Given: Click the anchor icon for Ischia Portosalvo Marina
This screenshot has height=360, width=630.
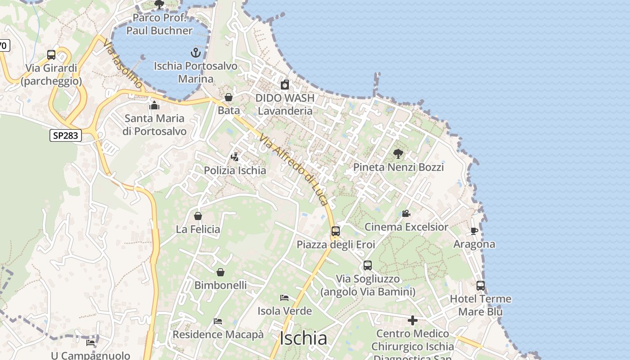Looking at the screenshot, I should [x=195, y=53].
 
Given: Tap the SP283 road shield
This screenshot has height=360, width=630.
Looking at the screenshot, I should [x=66, y=135].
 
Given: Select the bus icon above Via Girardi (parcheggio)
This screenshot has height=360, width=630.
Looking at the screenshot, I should [x=51, y=55].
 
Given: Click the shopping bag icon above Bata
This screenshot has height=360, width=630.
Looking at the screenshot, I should [x=229, y=97].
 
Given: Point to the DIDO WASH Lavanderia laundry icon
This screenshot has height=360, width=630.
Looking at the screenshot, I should [x=285, y=85].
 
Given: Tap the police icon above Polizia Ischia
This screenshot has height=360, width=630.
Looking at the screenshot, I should [x=234, y=157].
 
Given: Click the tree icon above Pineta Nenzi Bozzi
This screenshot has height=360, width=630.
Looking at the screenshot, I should [x=398, y=154].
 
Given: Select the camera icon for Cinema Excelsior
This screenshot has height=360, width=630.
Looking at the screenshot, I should [x=406, y=213].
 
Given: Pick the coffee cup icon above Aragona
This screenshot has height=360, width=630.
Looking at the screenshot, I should [x=474, y=231].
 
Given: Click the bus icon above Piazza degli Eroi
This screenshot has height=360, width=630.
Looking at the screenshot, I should [x=336, y=231].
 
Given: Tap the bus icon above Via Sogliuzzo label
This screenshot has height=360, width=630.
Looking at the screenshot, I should [x=368, y=265].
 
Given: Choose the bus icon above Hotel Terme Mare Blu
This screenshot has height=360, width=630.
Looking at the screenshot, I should [x=481, y=285].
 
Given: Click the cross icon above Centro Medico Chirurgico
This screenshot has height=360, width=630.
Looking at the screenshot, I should [x=412, y=320].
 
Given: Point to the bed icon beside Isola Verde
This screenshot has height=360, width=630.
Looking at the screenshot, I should [x=284, y=297].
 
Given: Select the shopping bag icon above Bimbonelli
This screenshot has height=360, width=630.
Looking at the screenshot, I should [x=220, y=272].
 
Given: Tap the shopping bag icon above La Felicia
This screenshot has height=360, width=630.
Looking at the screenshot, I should [x=198, y=216].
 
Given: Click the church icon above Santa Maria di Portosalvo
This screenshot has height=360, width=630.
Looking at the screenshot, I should [x=154, y=106].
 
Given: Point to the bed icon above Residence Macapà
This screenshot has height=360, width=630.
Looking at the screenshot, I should [x=218, y=321].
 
